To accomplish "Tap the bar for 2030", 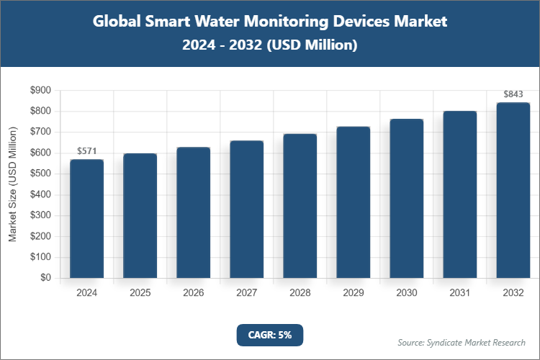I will (407, 198).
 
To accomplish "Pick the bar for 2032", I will (513, 190).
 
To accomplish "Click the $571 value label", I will (87, 151).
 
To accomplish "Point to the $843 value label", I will (513, 94).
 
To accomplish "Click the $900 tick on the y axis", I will (40, 91).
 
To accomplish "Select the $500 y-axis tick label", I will (40, 174).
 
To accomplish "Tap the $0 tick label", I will (45, 278).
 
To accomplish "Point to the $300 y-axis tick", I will (40, 215).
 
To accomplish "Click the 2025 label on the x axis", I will (140, 293).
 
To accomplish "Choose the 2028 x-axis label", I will (300, 293).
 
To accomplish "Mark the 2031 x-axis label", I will (460, 293).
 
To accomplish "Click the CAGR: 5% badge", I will (270, 335).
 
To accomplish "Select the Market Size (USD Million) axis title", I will (12, 184).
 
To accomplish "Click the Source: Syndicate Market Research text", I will (462, 342).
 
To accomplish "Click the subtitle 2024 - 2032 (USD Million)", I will (270, 45).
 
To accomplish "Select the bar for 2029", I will (354, 202).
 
